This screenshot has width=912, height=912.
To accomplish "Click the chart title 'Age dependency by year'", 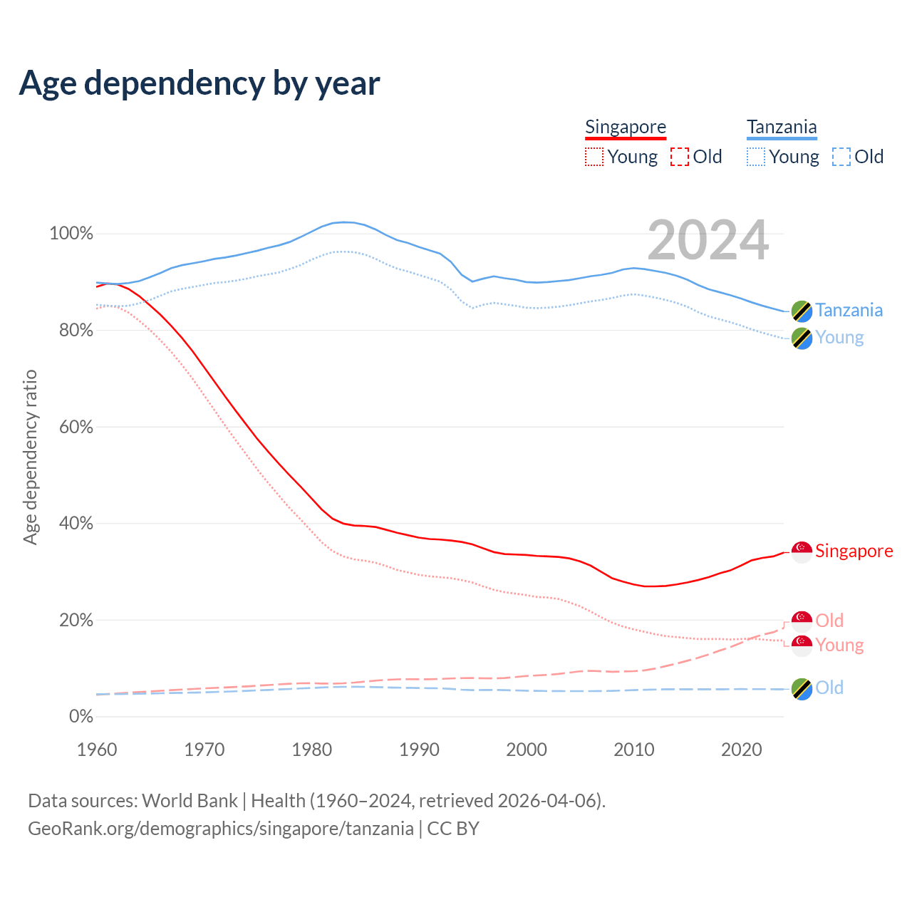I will pos(199,83).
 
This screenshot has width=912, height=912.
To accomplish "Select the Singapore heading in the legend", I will pos(626,127).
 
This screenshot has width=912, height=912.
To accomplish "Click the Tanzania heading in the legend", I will pos(782,127).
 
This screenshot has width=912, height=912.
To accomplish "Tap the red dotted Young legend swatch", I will pos(594,157).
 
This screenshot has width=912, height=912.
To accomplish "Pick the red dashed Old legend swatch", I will pos(680,157).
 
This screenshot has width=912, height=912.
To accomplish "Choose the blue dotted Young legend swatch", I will pos(756,157).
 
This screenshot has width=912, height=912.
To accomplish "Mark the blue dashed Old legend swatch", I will pos(841,157).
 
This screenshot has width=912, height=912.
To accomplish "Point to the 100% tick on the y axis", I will pos(71,234).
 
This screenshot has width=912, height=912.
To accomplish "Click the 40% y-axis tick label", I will pos(76,524).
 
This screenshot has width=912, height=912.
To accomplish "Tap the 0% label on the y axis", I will pos(81,717).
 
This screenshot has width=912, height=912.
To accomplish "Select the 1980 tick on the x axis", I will pos(312,750).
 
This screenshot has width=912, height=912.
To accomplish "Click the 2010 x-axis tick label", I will pos(634,750).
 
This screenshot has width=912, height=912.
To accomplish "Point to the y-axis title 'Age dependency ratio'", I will pos(30,457).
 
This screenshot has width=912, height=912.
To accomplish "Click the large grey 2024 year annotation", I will pos(708,240).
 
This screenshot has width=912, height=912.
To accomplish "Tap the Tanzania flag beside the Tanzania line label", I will pos(802,311).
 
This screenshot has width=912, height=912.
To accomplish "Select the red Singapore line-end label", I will pos(854,551).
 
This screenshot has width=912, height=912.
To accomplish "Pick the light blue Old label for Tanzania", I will pos(829,688).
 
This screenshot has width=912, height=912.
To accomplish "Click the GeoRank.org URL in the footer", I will pos(221,829).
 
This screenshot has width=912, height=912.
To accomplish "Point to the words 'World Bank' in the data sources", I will pos(190,801).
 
